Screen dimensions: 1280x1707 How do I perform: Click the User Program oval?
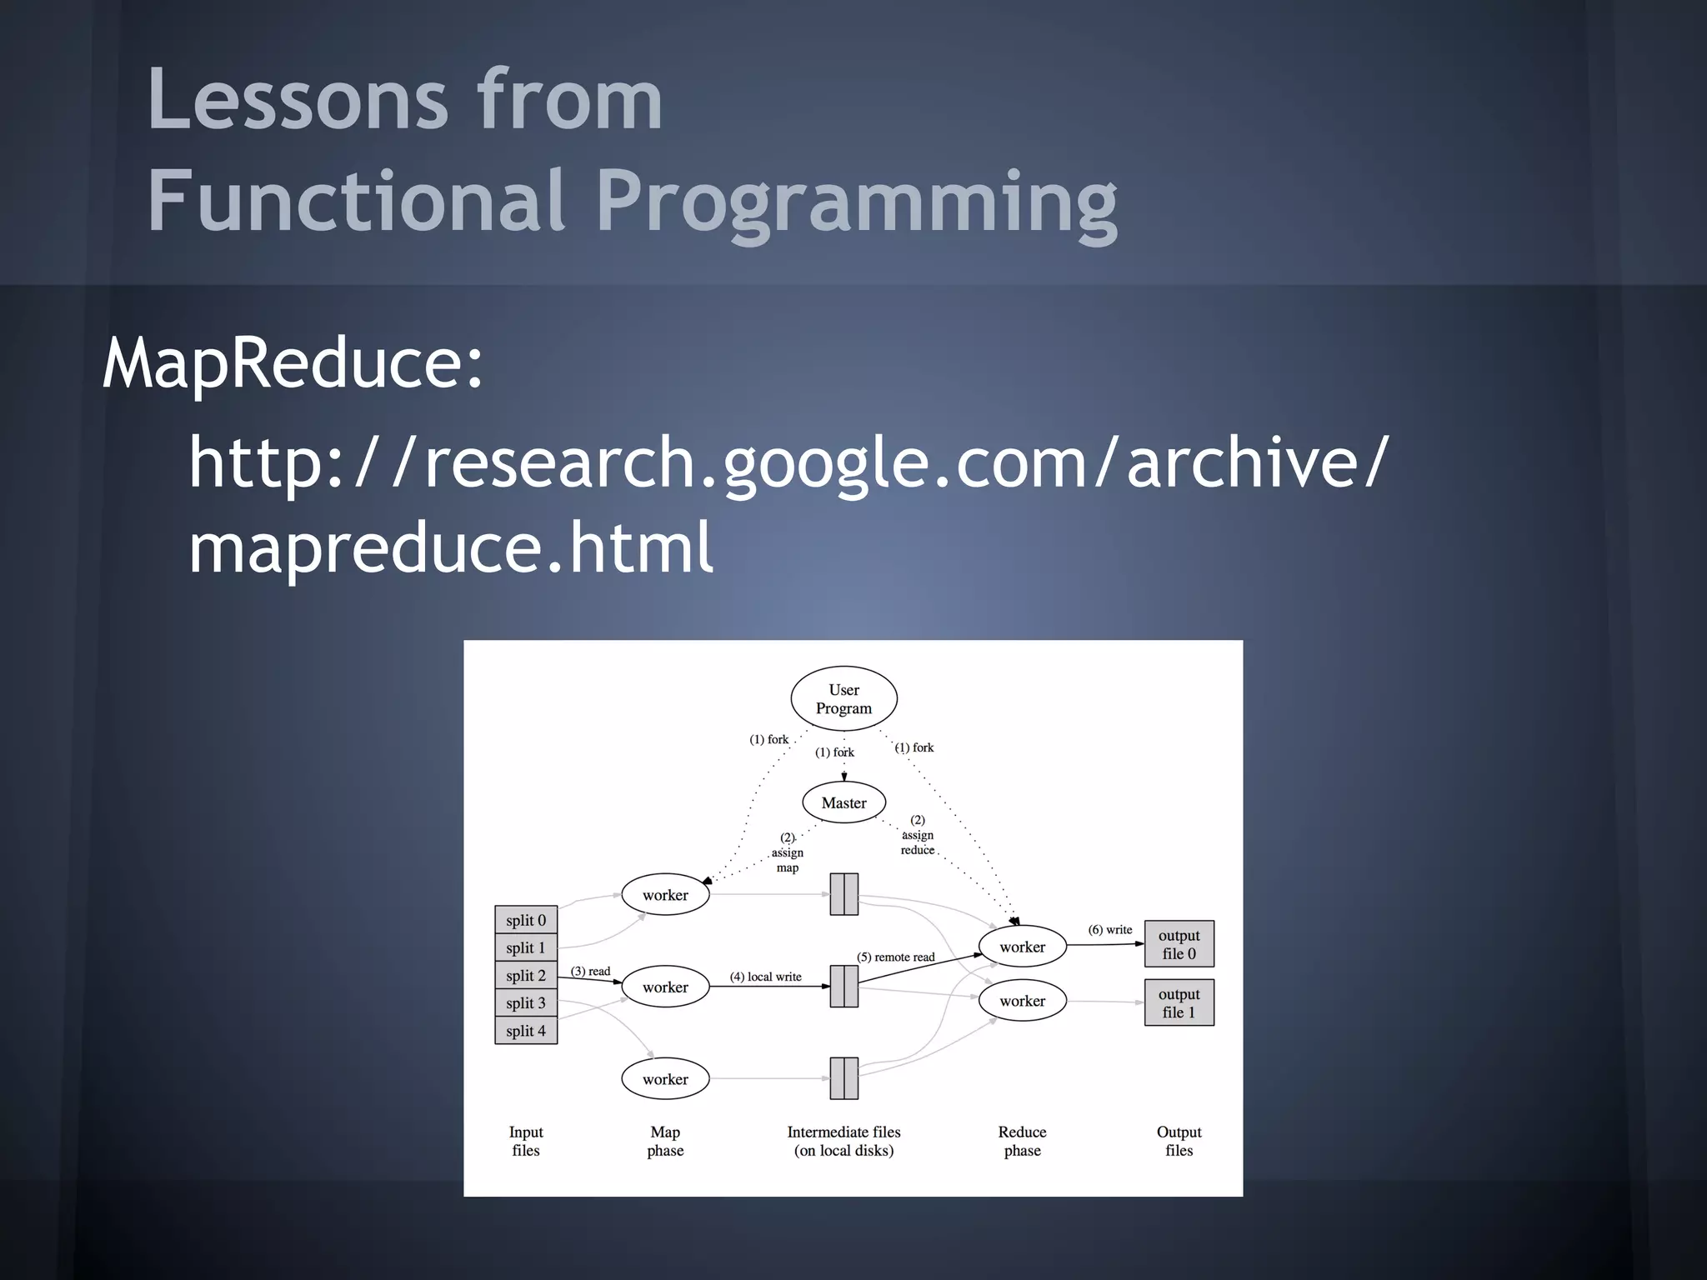843,699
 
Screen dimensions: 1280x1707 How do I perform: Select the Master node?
843,802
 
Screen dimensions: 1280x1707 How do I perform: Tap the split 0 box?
526,920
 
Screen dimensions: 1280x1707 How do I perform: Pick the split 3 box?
526,1002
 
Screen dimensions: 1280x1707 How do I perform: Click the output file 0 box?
1179,944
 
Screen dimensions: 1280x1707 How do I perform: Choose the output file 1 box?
1179,1002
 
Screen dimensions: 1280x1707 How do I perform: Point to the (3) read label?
590,971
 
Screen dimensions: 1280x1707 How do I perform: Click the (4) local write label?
765,977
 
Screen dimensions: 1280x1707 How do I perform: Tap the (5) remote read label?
895,957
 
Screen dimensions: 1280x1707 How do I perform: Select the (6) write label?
1109,929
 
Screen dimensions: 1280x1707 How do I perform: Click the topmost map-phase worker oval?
665,895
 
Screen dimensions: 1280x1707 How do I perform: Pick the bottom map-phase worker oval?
665,1079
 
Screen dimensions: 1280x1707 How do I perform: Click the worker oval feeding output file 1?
1022,1001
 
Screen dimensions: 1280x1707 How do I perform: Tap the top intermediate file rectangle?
843,894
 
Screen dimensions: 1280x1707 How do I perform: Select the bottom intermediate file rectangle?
843,1078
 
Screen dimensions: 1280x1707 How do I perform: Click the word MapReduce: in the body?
293,363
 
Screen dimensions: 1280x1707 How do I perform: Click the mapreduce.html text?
451,547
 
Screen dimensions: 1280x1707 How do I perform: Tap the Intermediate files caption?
843,1141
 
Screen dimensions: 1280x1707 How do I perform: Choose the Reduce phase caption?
1022,1141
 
